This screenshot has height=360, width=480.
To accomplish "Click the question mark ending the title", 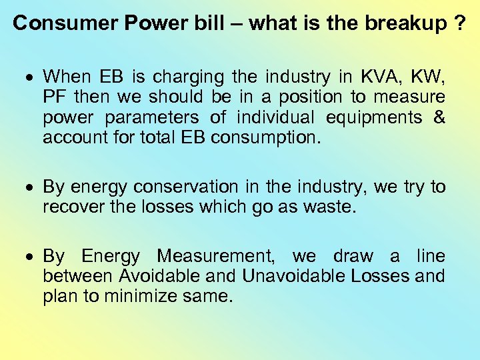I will [x=460, y=23].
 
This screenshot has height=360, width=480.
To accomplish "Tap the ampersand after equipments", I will [x=439, y=117].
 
